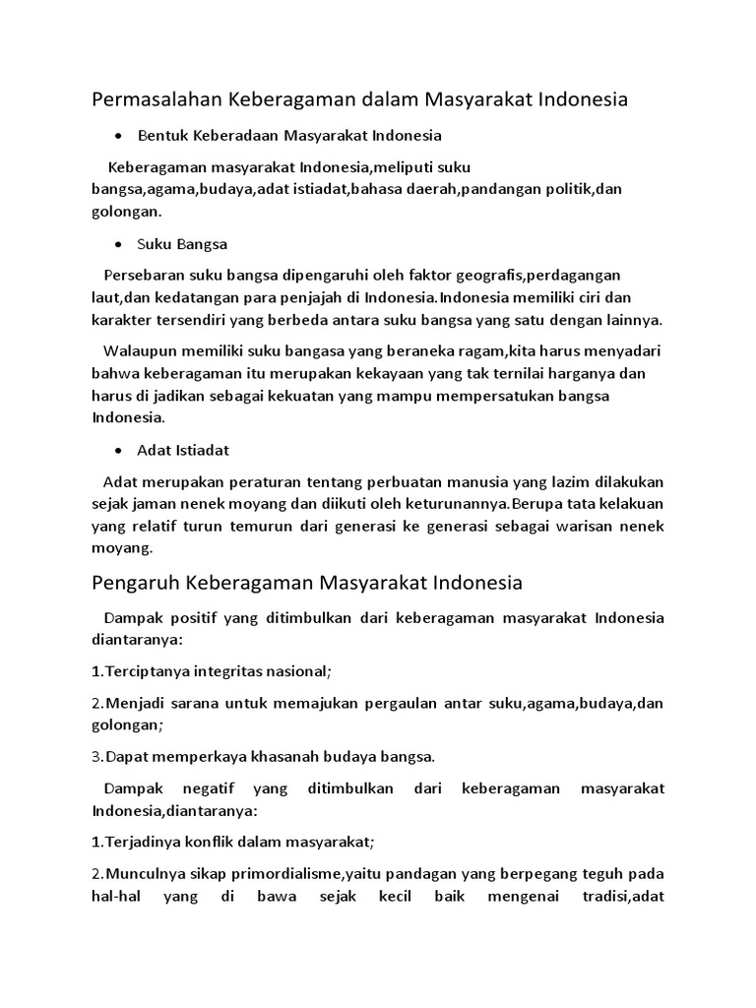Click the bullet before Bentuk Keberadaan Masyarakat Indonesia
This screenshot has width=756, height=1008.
pyautogui.click(x=118, y=135)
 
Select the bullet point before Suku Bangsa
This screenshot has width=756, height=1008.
pyautogui.click(x=118, y=244)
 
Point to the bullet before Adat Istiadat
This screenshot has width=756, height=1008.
pyautogui.click(x=118, y=450)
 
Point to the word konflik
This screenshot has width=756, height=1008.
pyautogui.click(x=206, y=842)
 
